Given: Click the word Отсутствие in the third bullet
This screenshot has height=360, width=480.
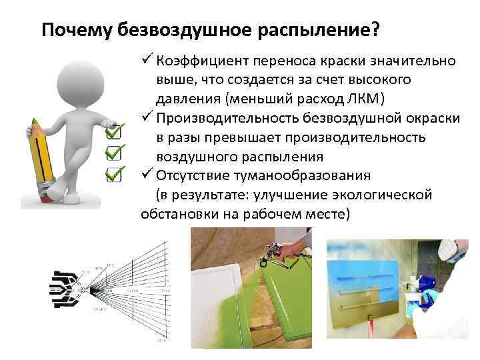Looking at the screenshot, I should [188, 176].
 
